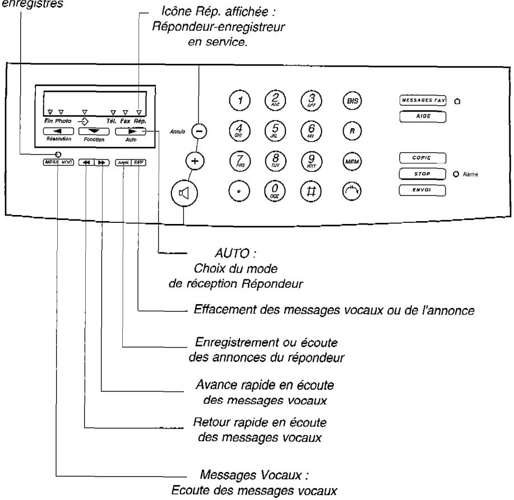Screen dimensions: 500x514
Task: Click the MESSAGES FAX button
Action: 422,101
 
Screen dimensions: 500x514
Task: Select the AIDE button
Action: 422,116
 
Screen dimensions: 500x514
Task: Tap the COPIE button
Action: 422,158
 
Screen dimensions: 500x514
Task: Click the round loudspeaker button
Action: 184,196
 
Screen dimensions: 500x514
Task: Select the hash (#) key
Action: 309,190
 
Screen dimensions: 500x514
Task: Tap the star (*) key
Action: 239,190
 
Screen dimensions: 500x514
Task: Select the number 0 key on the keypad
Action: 274,190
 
